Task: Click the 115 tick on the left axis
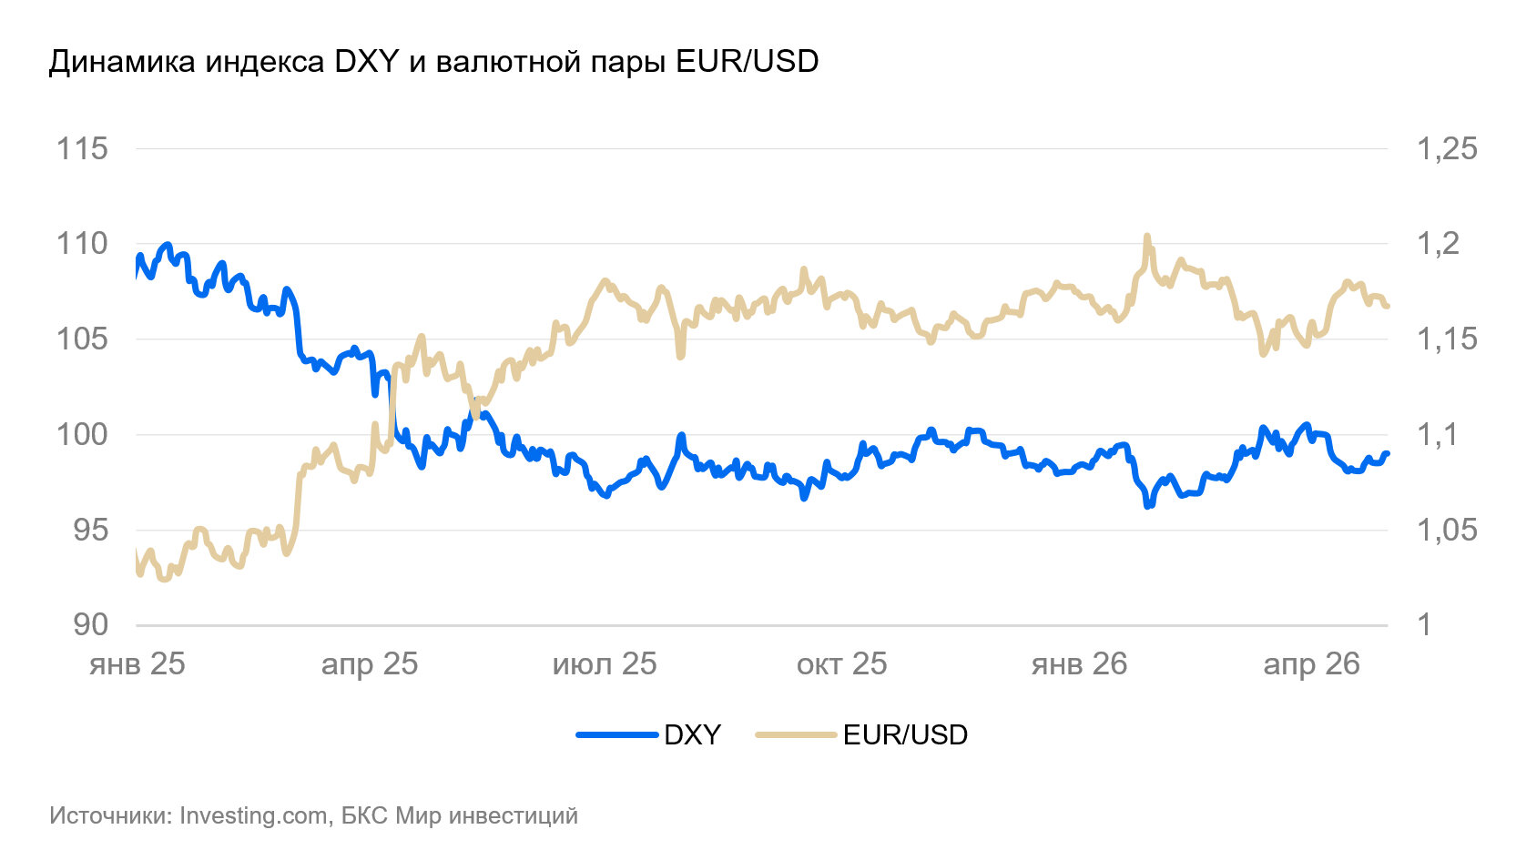coord(82,149)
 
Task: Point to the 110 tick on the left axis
coord(82,244)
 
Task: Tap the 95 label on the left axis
coord(91,531)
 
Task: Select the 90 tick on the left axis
coord(91,625)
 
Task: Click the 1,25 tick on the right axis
coord(1447,149)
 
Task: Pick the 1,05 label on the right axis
coord(1447,531)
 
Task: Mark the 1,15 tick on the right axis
coord(1447,339)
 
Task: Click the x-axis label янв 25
coord(137,664)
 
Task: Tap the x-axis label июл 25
coord(605,664)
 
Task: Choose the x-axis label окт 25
coord(841,664)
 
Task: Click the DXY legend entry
coord(649,734)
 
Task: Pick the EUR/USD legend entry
coord(861,734)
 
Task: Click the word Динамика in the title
coord(123,62)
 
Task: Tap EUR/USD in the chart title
coord(748,62)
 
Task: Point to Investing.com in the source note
coord(253,816)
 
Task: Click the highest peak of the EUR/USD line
coord(1146,236)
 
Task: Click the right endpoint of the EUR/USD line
coord(1387,307)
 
